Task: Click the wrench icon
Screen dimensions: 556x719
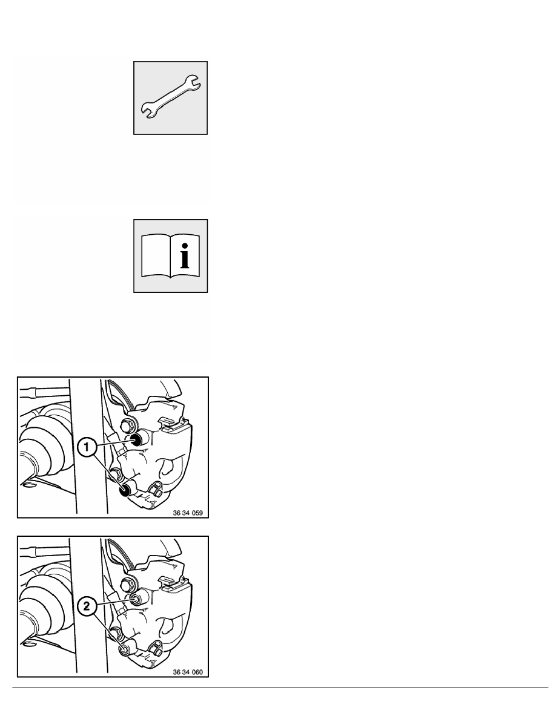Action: point(170,97)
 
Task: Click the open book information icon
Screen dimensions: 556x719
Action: point(170,255)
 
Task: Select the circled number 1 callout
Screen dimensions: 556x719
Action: point(87,446)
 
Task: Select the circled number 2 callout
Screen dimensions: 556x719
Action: point(87,606)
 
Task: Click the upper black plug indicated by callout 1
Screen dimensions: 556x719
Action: point(136,440)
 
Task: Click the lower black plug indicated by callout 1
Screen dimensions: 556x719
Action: point(125,491)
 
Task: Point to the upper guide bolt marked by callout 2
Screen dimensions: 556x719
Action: point(135,599)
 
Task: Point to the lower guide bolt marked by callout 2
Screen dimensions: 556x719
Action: point(124,649)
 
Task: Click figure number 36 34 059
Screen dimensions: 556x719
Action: point(188,513)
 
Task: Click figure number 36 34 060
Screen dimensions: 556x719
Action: point(188,672)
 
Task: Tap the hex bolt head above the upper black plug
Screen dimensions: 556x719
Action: point(126,425)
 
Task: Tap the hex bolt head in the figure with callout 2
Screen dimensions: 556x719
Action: point(126,584)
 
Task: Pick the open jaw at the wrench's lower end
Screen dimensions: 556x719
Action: point(148,111)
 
